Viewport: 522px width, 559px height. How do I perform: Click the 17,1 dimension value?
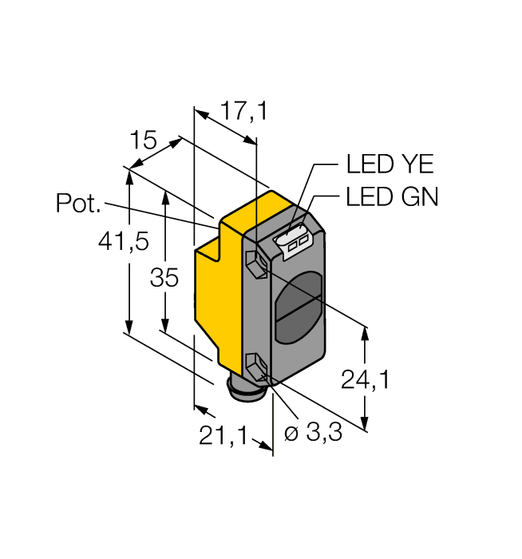[243, 112]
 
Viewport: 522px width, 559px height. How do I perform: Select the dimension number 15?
[143, 141]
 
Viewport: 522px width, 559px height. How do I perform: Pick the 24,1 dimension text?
[365, 381]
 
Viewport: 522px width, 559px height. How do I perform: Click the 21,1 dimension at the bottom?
[220, 437]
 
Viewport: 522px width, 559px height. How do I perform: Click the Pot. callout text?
[78, 204]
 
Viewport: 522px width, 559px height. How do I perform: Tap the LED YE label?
[390, 165]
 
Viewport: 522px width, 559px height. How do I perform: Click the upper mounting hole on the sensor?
[256, 264]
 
